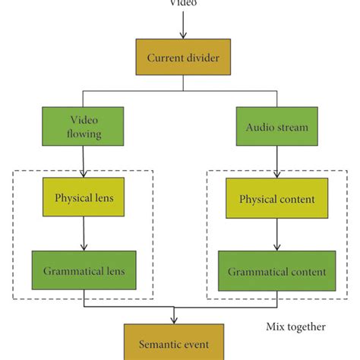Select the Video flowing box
pos(84,126)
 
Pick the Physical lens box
pos(84,198)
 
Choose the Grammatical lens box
pos(84,270)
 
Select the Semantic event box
pos(175,343)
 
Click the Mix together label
pos(295,327)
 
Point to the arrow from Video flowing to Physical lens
pos(84,162)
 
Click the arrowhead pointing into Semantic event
pos(175,320)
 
